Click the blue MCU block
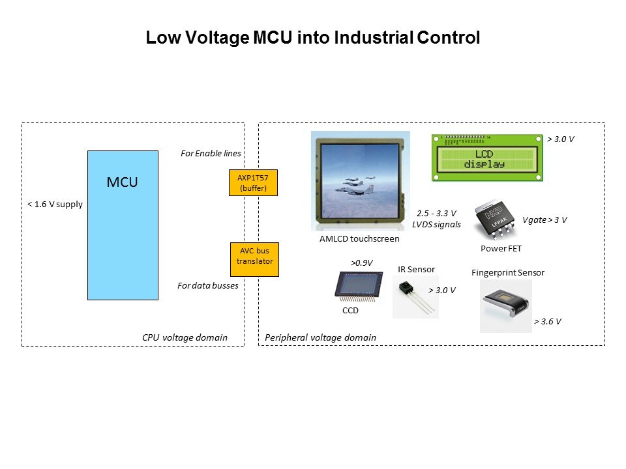pos(123,225)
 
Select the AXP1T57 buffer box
pos(248,183)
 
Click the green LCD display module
pos(487,157)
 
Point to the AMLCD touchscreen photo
pos(360,180)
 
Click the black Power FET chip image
pos(496,221)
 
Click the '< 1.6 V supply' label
pos(55,204)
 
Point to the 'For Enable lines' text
pos(211,154)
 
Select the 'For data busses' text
pos(207,285)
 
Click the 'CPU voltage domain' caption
pos(185,337)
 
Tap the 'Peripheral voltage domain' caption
pos(320,337)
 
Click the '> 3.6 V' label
pos(548,321)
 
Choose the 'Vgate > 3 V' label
pos(544,220)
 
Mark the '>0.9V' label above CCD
pos(361,263)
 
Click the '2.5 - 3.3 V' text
pos(436,213)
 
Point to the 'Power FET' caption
pos(501,248)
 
